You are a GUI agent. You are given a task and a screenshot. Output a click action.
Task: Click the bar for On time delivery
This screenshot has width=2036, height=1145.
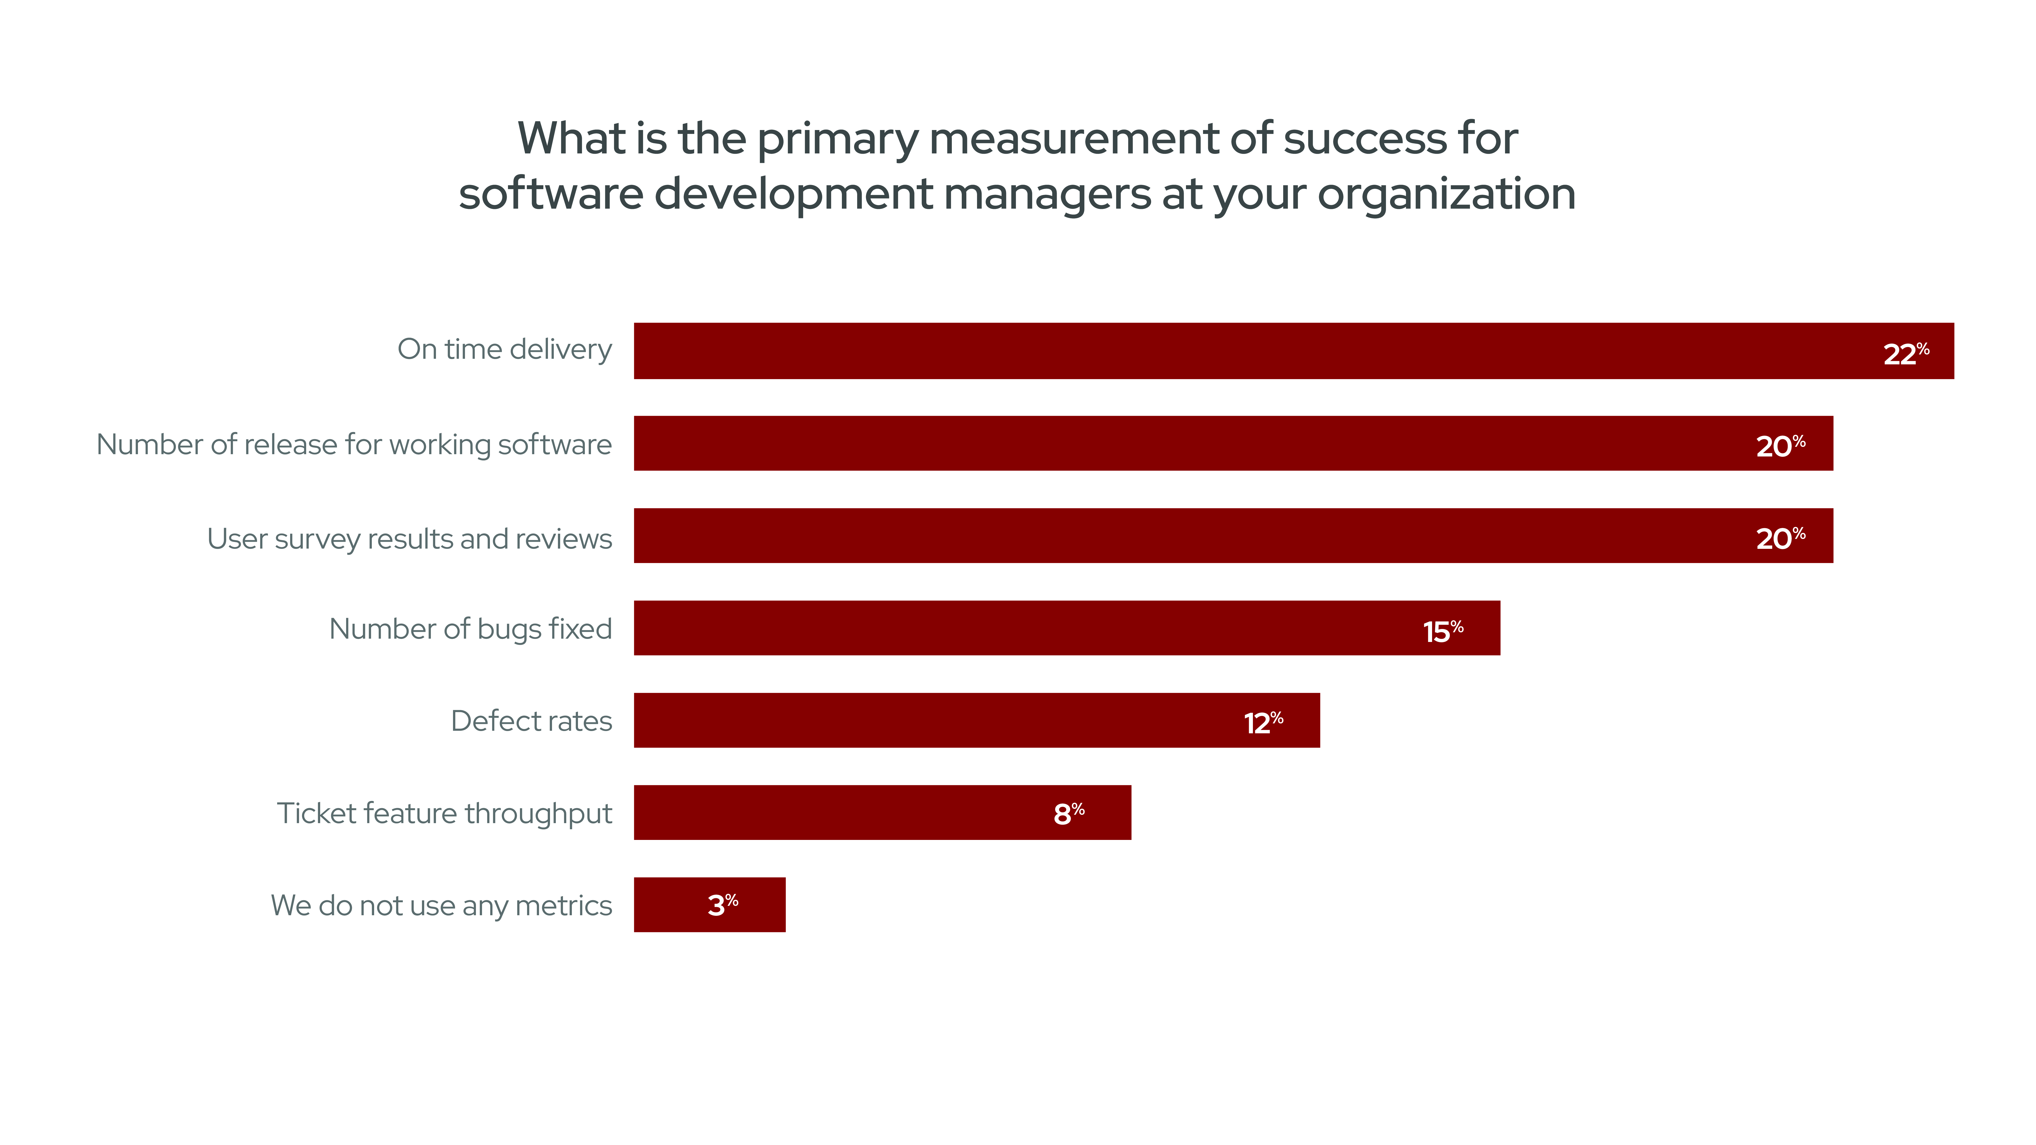(x=1265, y=351)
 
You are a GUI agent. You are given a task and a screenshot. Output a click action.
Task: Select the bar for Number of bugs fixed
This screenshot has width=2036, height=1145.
(x=1027, y=628)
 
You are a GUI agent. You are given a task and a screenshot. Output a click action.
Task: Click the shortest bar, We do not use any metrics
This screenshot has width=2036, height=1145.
(x=672, y=905)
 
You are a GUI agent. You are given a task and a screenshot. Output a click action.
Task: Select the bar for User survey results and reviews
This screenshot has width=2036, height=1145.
(x=1185, y=536)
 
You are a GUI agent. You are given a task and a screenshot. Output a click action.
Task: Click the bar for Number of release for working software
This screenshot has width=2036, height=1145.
(x=1185, y=443)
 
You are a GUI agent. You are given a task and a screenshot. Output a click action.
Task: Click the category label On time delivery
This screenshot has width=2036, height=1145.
(x=504, y=349)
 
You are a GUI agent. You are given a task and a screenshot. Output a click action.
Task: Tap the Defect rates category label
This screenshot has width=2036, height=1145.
(x=531, y=721)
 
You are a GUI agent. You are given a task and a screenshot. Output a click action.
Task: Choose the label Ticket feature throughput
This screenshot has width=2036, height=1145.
(x=444, y=813)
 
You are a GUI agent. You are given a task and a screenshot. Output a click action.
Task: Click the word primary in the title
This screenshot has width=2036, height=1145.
(x=838, y=140)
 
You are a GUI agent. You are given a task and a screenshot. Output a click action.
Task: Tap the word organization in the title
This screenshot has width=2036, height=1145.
(x=1446, y=194)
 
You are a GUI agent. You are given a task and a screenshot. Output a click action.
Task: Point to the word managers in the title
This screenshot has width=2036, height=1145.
(x=1047, y=194)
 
